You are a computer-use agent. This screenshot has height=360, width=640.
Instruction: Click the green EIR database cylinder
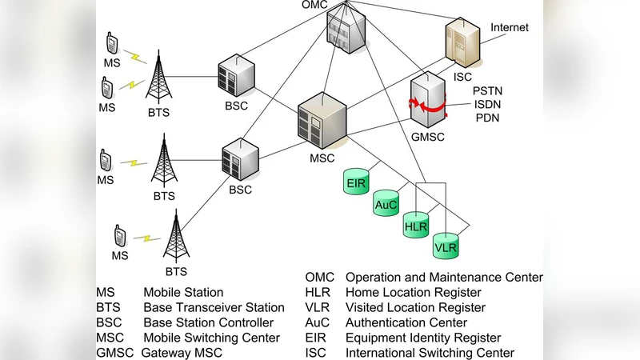click(356, 182)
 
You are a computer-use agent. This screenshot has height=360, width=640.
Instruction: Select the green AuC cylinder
click(386, 206)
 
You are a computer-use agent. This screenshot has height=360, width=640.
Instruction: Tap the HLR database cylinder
click(416, 226)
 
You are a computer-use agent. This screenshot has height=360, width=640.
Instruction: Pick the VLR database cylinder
click(446, 247)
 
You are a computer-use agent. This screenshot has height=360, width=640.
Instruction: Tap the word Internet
click(510, 27)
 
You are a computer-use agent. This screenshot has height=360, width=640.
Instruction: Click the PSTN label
click(488, 92)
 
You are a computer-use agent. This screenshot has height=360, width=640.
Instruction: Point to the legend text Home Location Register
click(413, 293)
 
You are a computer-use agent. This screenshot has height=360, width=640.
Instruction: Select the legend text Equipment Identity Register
click(423, 338)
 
